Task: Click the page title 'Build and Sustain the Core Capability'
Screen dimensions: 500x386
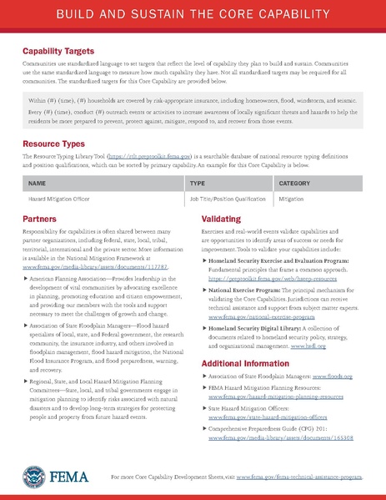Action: (x=193, y=15)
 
